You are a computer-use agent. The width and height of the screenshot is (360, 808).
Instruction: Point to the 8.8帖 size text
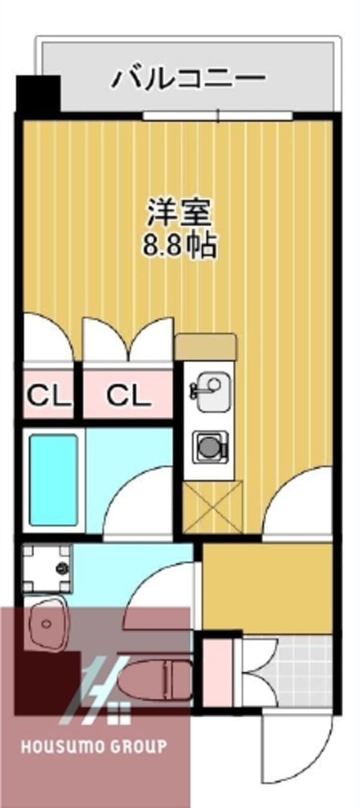pos(178,245)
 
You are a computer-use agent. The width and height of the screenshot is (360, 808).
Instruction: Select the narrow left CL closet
pos(48,396)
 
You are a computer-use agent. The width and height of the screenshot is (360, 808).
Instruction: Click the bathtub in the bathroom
pos(54,478)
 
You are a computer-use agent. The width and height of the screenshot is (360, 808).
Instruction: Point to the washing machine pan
pos(47,568)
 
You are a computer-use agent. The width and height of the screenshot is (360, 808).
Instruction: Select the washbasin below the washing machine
pos(48,624)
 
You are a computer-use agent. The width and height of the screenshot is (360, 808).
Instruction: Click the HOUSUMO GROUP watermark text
pos(94,747)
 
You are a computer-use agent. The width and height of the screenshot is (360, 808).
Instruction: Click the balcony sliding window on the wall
pos(218,115)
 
